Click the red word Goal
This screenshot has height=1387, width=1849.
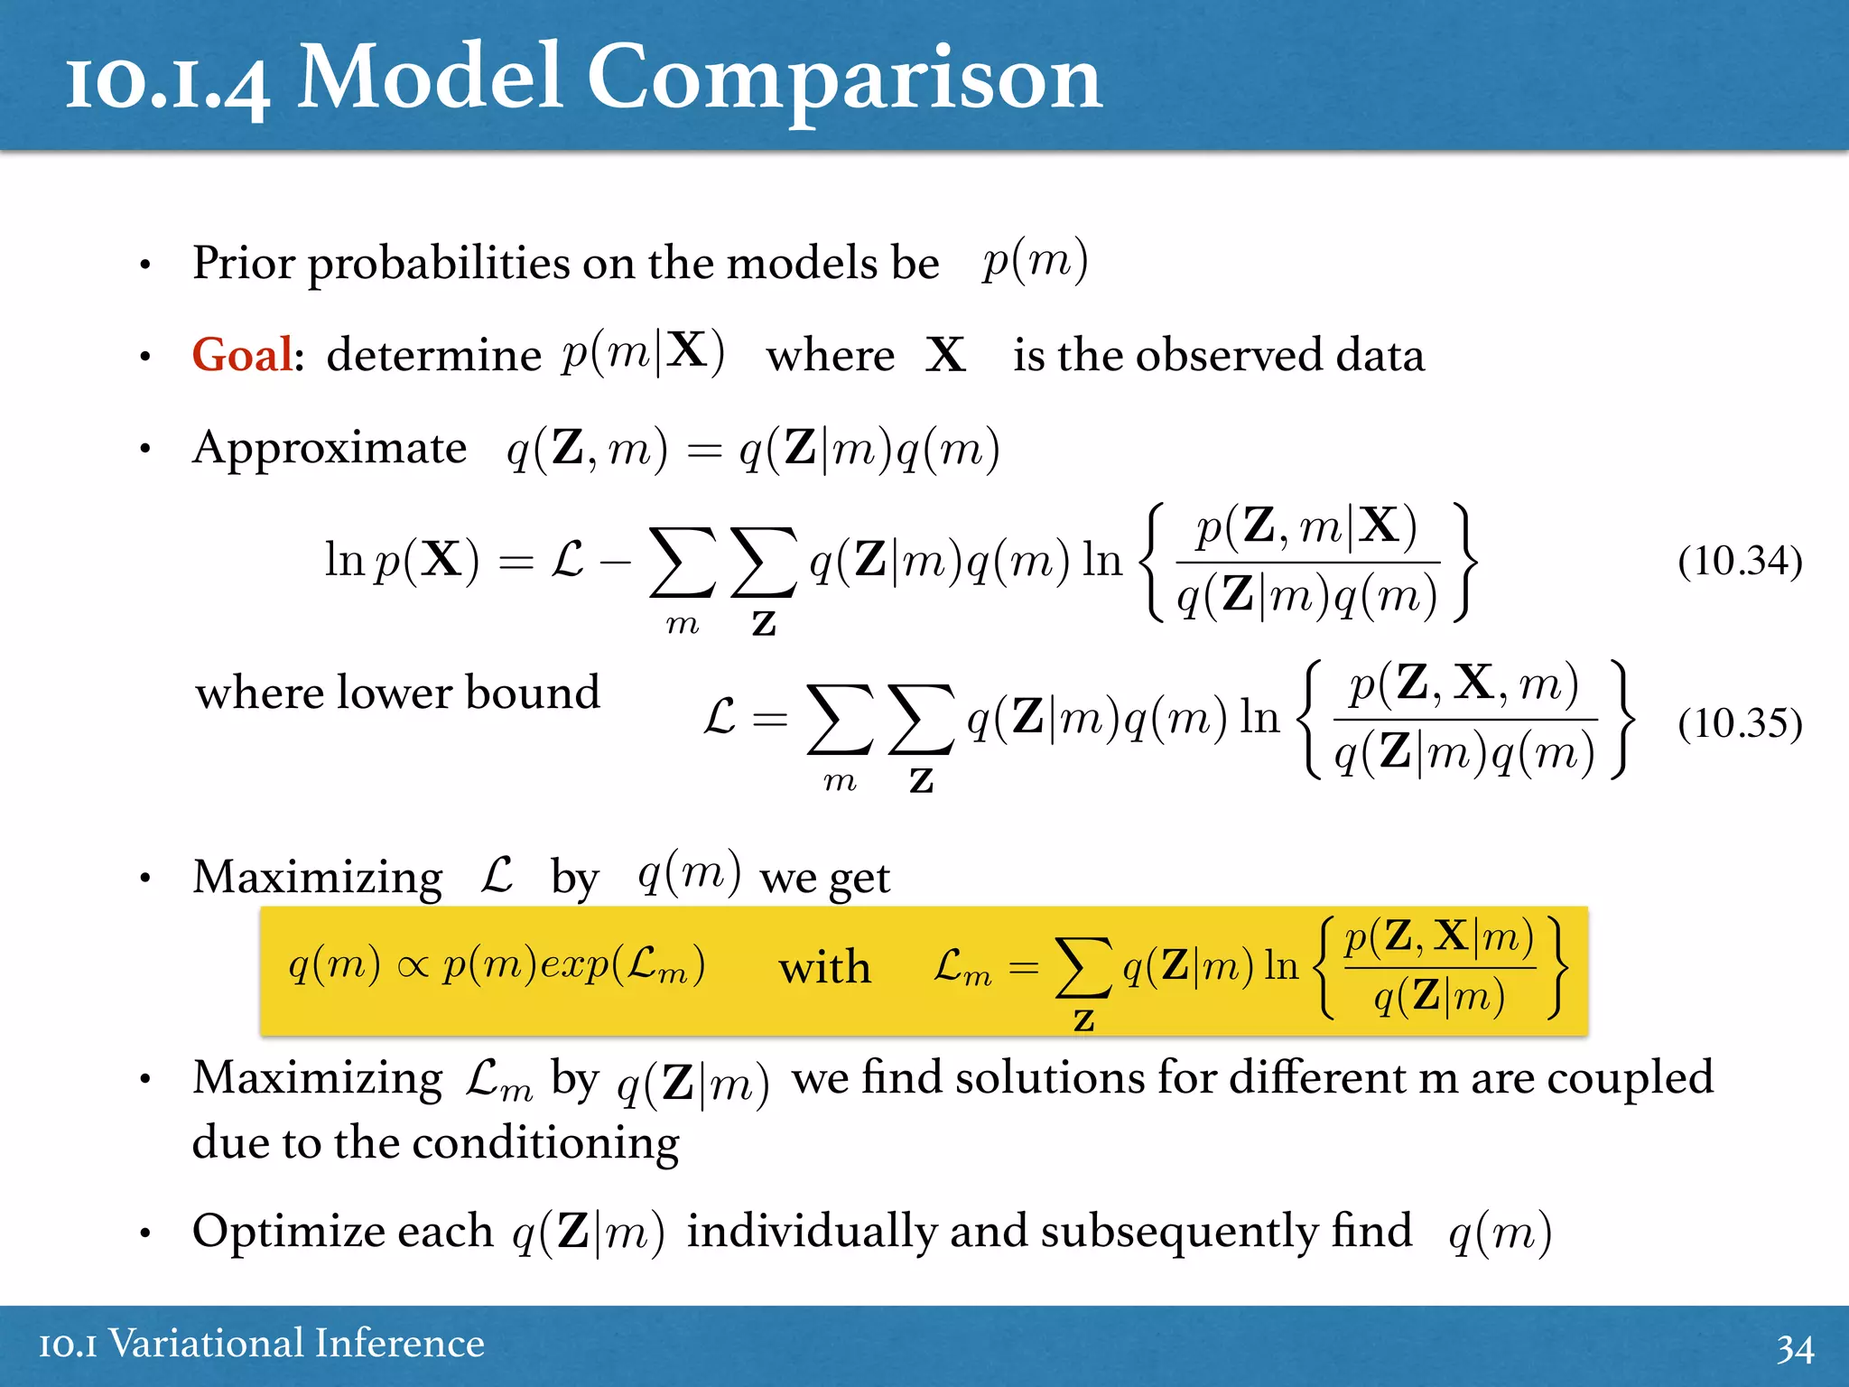point(242,354)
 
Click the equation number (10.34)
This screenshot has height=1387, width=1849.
point(1739,561)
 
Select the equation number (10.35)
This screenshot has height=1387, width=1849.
point(1739,723)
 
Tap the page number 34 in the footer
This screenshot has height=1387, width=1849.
point(1795,1348)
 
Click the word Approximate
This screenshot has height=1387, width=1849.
point(330,447)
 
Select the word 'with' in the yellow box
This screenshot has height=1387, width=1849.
point(824,967)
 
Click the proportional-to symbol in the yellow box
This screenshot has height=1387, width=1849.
point(412,967)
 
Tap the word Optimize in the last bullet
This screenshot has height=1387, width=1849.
point(343,1231)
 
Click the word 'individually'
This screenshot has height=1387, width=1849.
point(809,1231)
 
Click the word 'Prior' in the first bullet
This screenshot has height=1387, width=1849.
point(244,263)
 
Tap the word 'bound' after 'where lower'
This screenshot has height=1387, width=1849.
point(532,693)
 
